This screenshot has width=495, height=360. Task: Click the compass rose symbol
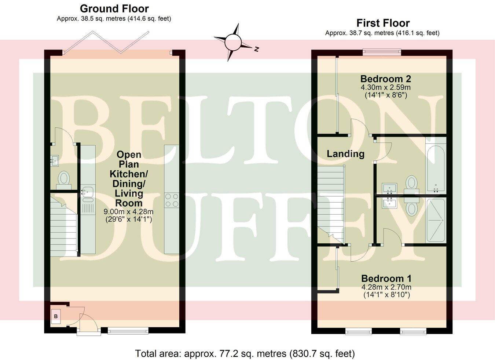[x=232, y=42]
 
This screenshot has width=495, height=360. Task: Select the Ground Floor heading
[x=114, y=8]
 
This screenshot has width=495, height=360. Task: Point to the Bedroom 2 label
[x=385, y=79]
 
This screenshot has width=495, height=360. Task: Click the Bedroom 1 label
[x=386, y=279]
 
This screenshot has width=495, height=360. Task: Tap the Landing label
[x=345, y=154]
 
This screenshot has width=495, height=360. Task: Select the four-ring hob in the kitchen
[x=172, y=200]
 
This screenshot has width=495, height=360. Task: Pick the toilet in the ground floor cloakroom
[x=64, y=179]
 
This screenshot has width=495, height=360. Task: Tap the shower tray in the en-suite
[x=436, y=220]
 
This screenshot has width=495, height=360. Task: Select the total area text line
[x=245, y=354]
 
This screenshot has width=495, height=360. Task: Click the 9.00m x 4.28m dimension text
[x=128, y=212]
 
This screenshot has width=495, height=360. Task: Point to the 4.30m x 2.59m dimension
[x=385, y=88]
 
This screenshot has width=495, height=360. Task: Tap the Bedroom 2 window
[x=382, y=52]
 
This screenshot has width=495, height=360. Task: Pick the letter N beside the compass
[x=257, y=48]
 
